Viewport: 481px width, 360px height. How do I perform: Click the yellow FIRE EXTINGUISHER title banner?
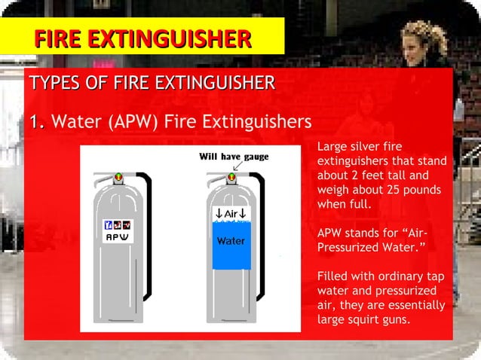pos(142,37)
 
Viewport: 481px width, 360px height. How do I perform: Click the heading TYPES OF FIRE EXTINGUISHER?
pos(152,83)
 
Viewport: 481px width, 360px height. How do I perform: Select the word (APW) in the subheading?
pos(135,121)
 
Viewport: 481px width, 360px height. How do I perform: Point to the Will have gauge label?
pos(234,157)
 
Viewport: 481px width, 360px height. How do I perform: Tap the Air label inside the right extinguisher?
pos(231,214)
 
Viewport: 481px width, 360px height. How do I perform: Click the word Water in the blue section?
pos(231,241)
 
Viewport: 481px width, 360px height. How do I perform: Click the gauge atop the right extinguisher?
pos(231,178)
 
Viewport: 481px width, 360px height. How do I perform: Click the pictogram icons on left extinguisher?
pos(117,225)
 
